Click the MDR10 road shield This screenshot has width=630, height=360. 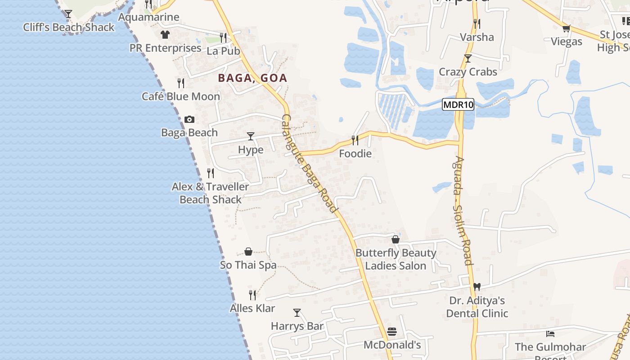pos(458,105)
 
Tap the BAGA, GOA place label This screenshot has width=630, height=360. pos(252,78)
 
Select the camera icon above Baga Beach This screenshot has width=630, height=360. pos(189,119)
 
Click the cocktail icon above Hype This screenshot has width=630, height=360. pos(251,136)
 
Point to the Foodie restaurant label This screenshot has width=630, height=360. pos(355,154)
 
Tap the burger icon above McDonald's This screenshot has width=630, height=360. pos(392,332)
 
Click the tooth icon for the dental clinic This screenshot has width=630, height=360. pos(477,287)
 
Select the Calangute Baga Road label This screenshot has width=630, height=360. pos(309,163)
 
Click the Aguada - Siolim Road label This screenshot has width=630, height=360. pos(463,210)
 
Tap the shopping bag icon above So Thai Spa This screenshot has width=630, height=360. pos(248,252)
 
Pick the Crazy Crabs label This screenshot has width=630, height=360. pos(468,72)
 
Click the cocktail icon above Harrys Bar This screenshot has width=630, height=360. pos(297,312)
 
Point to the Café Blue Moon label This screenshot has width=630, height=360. pos(181,96)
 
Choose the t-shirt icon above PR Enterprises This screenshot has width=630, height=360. pos(165,35)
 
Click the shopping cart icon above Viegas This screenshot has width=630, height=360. pos(567,28)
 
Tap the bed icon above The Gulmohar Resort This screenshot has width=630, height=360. pos(550,334)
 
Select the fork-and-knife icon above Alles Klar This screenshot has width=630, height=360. pos(252,295)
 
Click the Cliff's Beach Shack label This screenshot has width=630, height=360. pos(69,27)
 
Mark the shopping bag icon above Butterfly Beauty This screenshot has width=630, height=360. pos(396,239)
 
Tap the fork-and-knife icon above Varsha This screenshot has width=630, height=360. pos(477,23)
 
